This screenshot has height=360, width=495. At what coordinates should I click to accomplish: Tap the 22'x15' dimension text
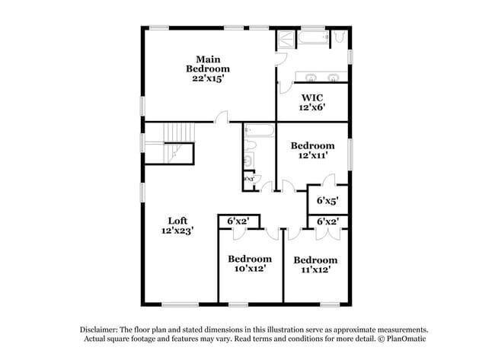coord(208,78)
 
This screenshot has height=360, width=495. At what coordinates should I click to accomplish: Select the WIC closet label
coord(312,97)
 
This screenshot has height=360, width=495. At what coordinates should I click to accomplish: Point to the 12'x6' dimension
coord(312,107)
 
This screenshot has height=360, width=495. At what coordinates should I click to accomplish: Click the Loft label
coord(177,221)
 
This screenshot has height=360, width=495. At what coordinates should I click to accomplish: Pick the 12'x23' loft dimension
coord(177,231)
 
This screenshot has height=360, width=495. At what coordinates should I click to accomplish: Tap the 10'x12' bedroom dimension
coord(250,269)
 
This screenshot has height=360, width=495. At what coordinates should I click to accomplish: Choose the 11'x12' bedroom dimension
coord(315,269)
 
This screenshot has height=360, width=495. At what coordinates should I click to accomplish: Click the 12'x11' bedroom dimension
coord(312,155)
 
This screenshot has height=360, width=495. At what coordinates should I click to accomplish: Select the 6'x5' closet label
coord(327,201)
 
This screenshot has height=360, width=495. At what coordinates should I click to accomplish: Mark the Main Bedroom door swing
coord(220,116)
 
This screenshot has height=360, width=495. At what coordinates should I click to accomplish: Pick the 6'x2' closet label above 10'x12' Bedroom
coord(239,221)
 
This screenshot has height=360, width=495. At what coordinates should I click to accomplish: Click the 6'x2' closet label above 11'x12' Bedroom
coord(327,221)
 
